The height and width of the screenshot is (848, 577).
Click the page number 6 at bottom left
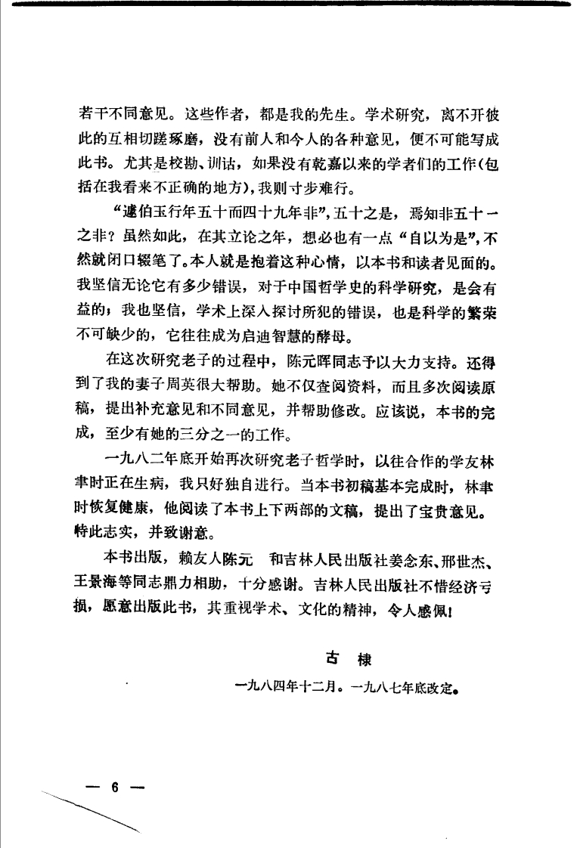[115, 787]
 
